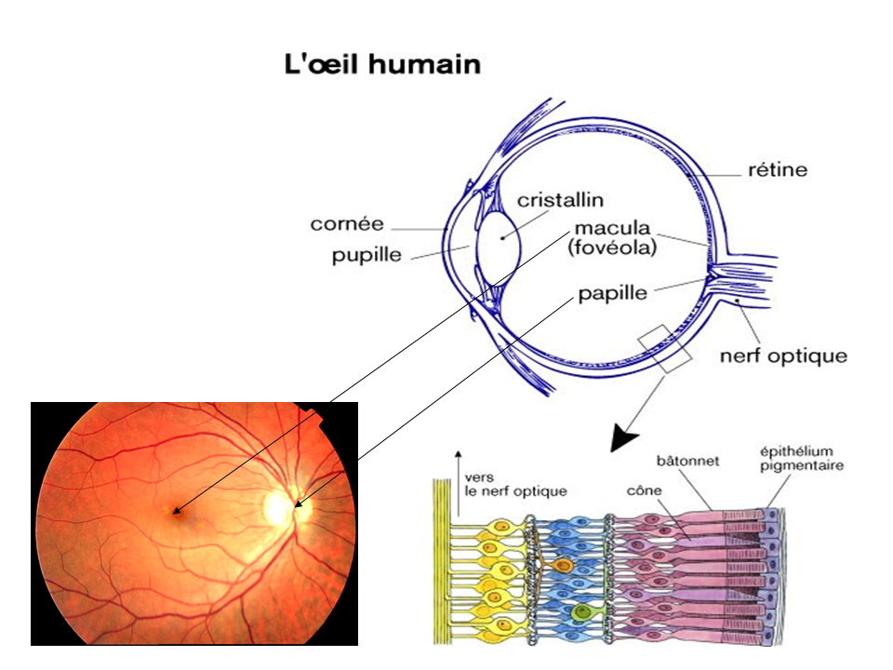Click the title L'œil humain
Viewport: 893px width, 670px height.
[x=381, y=65]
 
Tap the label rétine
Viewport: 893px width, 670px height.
[x=778, y=170]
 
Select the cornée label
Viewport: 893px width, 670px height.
[x=347, y=224]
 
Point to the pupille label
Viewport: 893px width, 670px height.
[x=368, y=256]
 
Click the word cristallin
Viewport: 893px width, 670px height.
[x=561, y=200]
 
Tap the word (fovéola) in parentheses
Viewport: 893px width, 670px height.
[x=616, y=249]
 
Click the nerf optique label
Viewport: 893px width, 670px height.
[x=784, y=355]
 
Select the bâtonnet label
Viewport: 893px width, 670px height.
[x=687, y=460]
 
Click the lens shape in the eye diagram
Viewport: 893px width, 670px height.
[x=501, y=241]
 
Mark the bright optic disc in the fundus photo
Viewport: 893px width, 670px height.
[x=278, y=507]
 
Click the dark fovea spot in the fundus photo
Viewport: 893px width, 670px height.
[x=173, y=510]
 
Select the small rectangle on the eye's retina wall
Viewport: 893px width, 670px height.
[x=664, y=348]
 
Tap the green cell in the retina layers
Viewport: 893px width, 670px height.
[x=581, y=611]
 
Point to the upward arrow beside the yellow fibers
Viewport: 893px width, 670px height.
[x=457, y=482]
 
